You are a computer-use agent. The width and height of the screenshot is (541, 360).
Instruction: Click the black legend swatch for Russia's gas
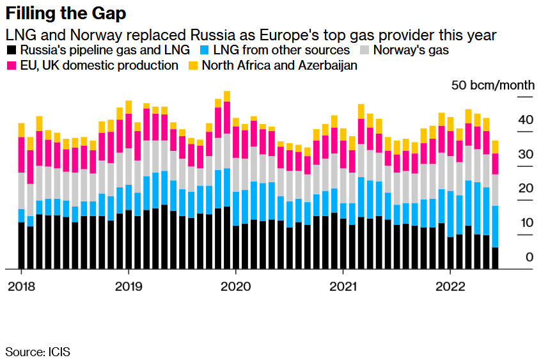tap(11, 50)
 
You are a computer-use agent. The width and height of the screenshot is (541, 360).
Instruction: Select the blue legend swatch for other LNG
tap(205, 50)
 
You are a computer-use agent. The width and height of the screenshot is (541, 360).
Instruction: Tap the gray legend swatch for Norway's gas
tap(365, 50)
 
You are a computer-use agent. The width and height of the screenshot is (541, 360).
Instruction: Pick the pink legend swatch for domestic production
tap(11, 65)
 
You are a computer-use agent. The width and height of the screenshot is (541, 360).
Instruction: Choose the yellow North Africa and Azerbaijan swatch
tap(192, 65)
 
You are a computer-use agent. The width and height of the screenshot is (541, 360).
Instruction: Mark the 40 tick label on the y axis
tap(526, 120)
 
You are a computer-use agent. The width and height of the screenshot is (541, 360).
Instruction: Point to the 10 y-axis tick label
tap(526, 223)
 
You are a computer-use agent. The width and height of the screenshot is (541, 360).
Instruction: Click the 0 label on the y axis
tap(529, 257)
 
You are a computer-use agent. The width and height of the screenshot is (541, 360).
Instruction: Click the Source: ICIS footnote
tap(38, 351)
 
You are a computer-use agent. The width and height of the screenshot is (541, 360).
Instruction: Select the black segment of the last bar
tap(495, 258)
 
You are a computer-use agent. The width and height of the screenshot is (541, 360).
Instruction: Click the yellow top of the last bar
tap(495, 147)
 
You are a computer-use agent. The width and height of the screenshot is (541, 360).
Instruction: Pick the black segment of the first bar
tap(22, 246)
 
